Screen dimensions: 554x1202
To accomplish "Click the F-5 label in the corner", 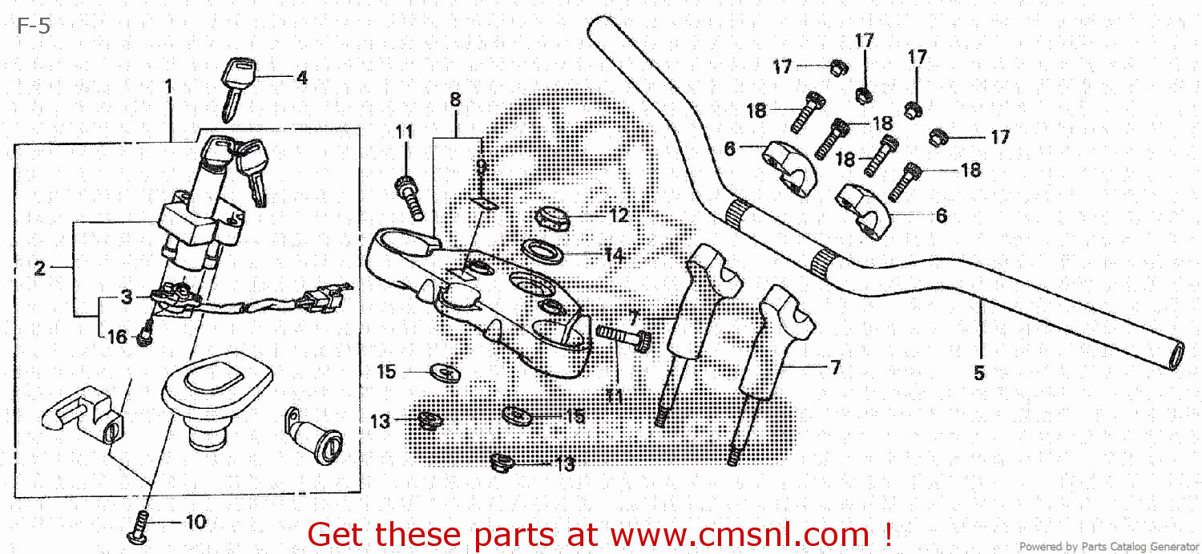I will (x=34, y=26).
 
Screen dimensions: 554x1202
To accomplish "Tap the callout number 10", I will (x=196, y=523).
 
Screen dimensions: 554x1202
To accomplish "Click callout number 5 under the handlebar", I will (x=978, y=373).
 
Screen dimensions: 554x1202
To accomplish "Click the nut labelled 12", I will (x=552, y=216).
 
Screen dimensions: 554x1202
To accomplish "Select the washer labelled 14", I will (x=545, y=252).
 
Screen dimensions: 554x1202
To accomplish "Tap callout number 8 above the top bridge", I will (x=455, y=100).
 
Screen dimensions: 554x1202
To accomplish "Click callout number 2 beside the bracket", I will (x=39, y=269).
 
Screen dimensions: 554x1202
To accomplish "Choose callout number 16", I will (x=117, y=338).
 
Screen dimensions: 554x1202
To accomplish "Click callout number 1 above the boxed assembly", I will (x=169, y=85).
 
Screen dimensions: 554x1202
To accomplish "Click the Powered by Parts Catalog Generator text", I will (x=1109, y=546).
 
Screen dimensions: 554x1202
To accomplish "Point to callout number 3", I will (x=127, y=297).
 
